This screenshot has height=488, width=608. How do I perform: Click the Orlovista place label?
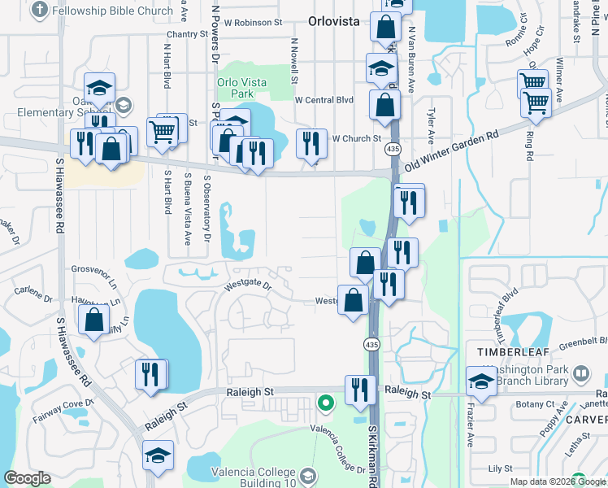[334, 22]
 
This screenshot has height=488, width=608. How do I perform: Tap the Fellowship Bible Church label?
[111, 11]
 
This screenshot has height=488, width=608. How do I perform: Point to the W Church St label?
[356, 138]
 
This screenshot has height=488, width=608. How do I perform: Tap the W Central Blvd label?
[324, 100]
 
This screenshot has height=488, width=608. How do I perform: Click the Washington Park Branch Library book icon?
[581, 374]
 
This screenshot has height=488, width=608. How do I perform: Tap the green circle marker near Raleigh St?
[325, 403]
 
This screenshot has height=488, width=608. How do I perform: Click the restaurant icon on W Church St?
[311, 144]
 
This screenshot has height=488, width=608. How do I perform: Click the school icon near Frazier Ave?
[481, 380]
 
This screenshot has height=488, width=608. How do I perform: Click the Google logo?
[27, 478]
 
